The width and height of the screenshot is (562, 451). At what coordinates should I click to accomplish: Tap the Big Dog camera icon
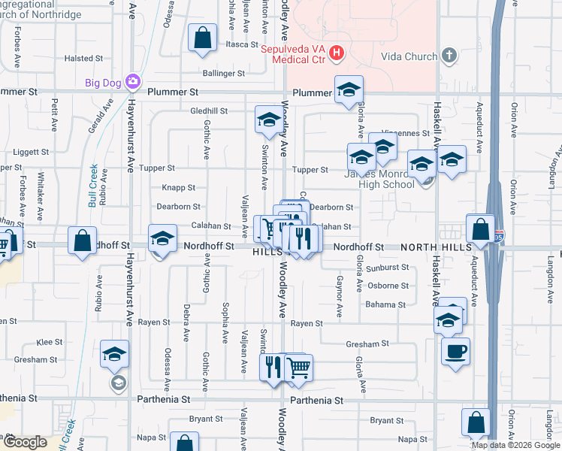133,81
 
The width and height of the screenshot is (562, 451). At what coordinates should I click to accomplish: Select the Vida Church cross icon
449,56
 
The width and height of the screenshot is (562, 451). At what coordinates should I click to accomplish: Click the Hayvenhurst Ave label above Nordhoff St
130,150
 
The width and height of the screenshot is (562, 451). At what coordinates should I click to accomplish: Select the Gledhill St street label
209,110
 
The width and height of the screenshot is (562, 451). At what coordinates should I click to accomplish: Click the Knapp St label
178,187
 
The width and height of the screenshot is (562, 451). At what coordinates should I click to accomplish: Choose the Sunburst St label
388,267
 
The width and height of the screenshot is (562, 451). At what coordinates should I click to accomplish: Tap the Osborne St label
388,286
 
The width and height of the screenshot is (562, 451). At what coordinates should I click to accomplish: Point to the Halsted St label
78,58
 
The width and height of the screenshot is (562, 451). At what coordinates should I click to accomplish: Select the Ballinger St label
224,74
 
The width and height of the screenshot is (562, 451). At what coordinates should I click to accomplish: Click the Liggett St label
31,152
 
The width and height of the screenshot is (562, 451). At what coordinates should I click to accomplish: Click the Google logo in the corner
25,441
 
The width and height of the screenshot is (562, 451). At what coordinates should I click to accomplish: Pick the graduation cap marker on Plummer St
349,89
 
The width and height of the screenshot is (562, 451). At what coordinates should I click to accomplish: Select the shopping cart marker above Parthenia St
298,367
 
